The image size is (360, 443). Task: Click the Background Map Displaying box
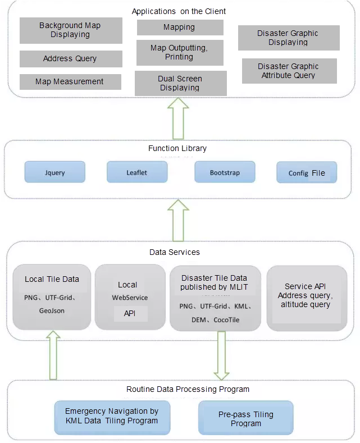[x=71, y=30]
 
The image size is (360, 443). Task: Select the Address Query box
[x=71, y=59]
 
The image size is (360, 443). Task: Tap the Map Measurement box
[x=70, y=82]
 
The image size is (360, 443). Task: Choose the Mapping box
[x=180, y=28]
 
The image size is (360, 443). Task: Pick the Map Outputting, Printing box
[x=180, y=53]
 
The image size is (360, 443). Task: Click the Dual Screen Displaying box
[x=181, y=83]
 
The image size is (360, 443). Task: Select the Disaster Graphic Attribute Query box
[x=289, y=71]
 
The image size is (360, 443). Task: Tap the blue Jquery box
[x=55, y=172]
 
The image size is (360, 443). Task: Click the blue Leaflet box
[x=137, y=172]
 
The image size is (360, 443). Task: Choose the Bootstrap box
[x=225, y=172]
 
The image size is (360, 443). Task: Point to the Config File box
[x=307, y=172]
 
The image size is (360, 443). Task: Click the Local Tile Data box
[x=52, y=297]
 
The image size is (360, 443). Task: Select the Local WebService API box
[x=130, y=297]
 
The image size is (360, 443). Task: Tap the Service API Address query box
[x=307, y=298]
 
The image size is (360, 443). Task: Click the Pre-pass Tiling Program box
[x=246, y=418]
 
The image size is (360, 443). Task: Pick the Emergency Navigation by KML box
[x=112, y=418]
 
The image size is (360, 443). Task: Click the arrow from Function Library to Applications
[x=178, y=118]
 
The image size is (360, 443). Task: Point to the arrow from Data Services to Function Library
[x=178, y=221]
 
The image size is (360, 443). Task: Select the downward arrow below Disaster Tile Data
[x=221, y=356]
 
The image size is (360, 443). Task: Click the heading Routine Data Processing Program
[x=188, y=389]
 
